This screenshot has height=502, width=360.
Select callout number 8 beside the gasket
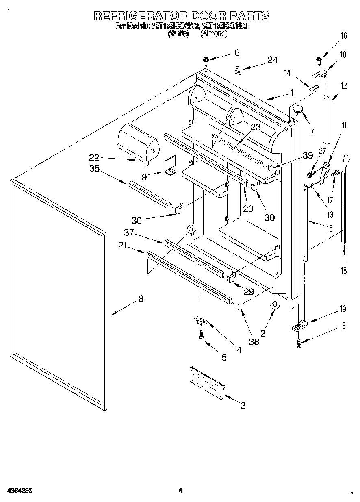pyautogui.click(x=141, y=299)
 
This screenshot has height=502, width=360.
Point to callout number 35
pyautogui.click(x=94, y=169)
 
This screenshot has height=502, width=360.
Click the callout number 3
pyautogui.click(x=243, y=405)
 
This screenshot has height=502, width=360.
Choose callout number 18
pyautogui.click(x=344, y=271)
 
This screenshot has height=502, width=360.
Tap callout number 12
pyautogui.click(x=344, y=86)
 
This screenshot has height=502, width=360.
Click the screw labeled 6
pyautogui.click(x=206, y=61)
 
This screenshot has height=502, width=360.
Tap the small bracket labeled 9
pyautogui.click(x=169, y=166)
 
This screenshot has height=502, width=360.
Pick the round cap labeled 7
pyautogui.click(x=299, y=109)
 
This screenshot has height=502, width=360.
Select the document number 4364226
pyautogui.click(x=19, y=491)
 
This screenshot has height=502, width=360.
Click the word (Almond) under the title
pyautogui.click(x=213, y=34)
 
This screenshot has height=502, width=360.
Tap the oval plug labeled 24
pyautogui.click(x=239, y=71)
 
